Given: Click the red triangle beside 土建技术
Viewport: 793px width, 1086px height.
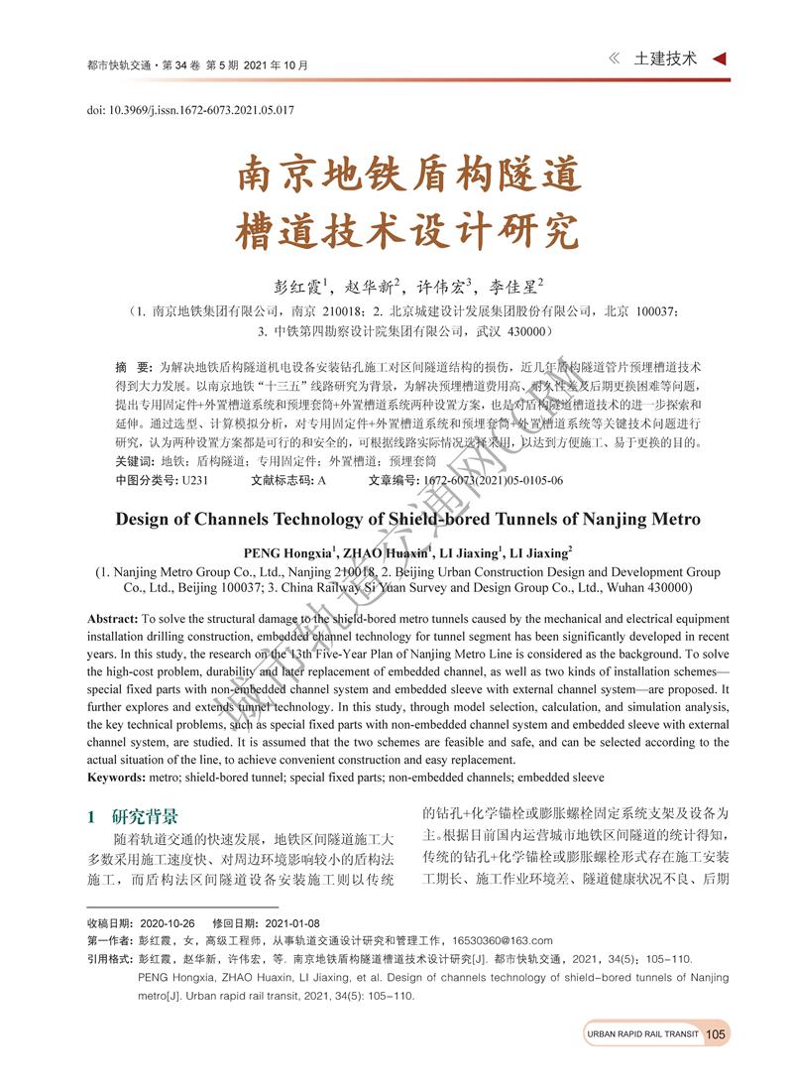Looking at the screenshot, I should pos(720,59).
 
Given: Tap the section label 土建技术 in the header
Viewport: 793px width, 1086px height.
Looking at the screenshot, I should pos(665,59).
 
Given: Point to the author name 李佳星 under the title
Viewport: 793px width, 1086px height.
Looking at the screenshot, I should pos(513,288).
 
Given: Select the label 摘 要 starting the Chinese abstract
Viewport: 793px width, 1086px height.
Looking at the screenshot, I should pos(134,365).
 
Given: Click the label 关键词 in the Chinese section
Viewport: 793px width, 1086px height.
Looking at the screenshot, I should pos(134,461).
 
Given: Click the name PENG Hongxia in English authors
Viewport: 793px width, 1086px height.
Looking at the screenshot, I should pos(288,553).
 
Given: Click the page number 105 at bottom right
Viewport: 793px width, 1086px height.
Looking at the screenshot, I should pos(717,1034).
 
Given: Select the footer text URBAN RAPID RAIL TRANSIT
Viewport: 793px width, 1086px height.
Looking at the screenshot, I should pos(642,1034).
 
